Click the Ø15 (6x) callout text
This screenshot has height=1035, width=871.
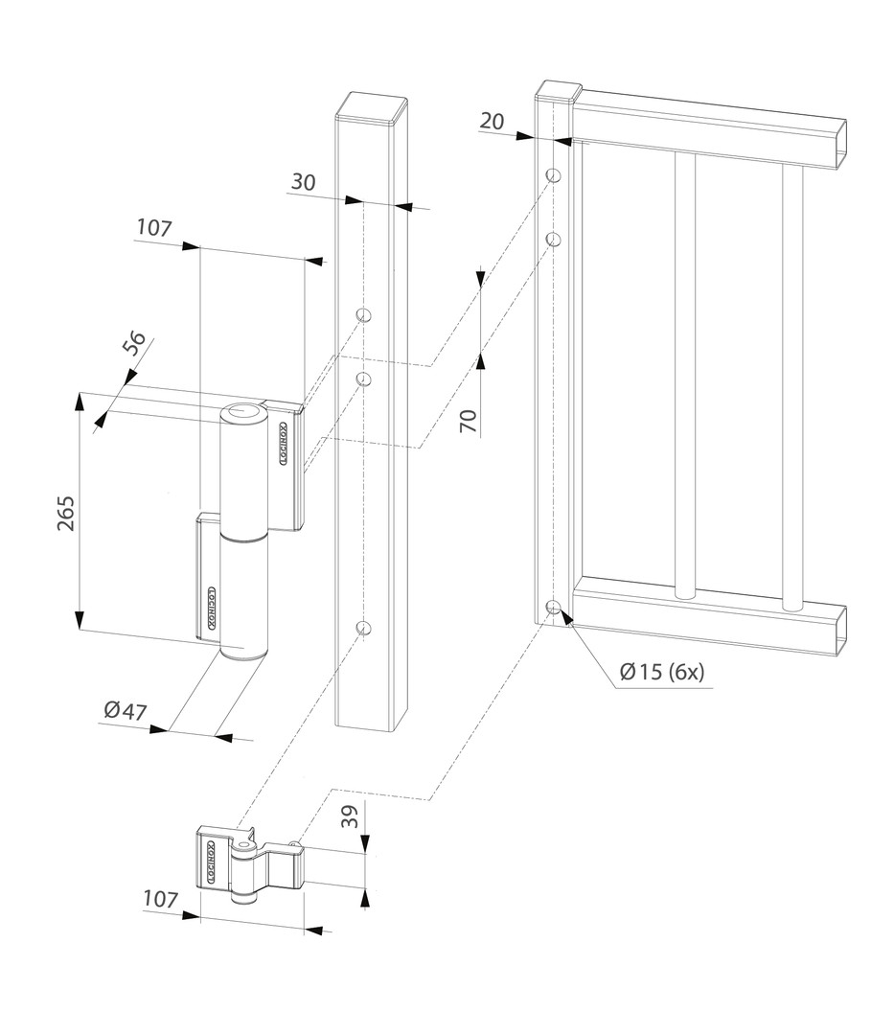tap(661, 672)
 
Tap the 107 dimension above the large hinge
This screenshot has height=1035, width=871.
tap(154, 228)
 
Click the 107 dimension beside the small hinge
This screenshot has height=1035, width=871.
tap(160, 899)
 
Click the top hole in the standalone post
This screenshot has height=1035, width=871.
tap(363, 314)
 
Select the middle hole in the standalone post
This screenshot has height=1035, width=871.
tap(363, 379)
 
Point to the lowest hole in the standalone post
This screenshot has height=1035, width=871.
tap(363, 628)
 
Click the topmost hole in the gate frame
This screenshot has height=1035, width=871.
tap(553, 175)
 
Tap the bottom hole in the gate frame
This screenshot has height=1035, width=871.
tap(553, 607)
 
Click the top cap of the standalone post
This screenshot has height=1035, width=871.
tap(373, 106)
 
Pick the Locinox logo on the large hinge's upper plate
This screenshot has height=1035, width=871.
tap(284, 444)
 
